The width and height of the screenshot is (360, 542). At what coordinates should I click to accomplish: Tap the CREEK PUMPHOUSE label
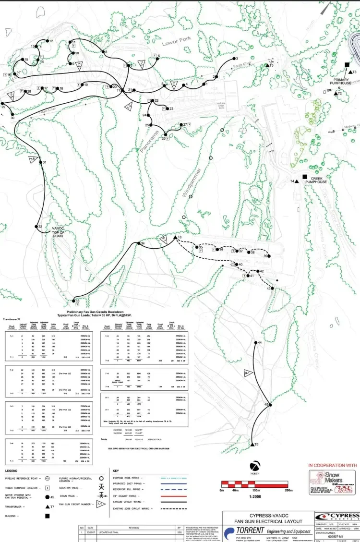316,180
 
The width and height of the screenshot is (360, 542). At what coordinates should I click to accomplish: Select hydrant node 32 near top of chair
35,227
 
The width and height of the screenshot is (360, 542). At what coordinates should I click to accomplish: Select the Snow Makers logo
334,482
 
